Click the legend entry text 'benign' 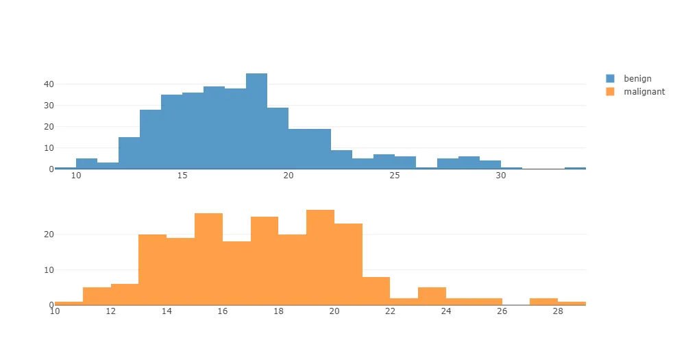pyautogui.click(x=637, y=79)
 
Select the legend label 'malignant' pyautogui.click(x=644, y=91)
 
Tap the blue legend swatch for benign pyautogui.click(x=611, y=79)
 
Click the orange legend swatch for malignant pyautogui.click(x=611, y=91)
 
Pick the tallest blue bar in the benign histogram pyautogui.click(x=256, y=121)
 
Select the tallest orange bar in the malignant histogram pyautogui.click(x=320, y=257)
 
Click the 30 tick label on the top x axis pyautogui.click(x=501, y=176)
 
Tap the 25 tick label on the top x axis pyautogui.click(x=394, y=176)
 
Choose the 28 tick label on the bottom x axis pyautogui.click(x=558, y=311)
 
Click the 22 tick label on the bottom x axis pyautogui.click(x=390, y=311)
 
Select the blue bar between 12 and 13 pyautogui.click(x=129, y=153)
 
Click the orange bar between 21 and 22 pyautogui.click(x=376, y=291)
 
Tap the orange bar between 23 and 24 pyautogui.click(x=432, y=296)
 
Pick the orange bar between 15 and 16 pyautogui.click(x=208, y=259)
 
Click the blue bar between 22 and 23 pyautogui.click(x=341, y=160)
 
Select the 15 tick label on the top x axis pyautogui.click(x=182, y=176)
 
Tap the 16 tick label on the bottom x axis pyautogui.click(x=223, y=311)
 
